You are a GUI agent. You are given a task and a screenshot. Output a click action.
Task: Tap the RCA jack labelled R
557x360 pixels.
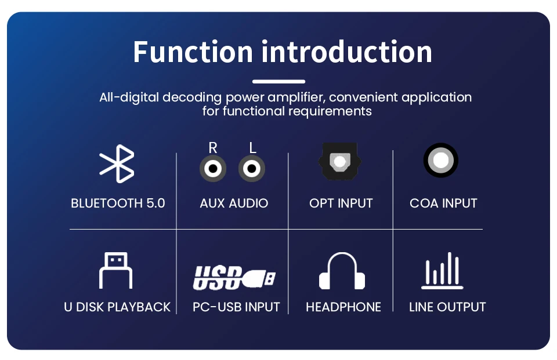click(213, 169)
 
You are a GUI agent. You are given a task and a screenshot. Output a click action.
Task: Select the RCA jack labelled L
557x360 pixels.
click(252, 169)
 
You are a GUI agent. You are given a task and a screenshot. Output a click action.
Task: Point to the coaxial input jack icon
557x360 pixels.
click(441, 160)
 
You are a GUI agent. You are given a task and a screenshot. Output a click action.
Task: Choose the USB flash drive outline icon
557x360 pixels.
click(116, 270)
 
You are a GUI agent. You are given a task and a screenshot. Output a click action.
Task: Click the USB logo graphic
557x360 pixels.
click(234, 277)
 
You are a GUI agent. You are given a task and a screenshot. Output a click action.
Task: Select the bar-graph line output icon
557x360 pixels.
click(442, 271)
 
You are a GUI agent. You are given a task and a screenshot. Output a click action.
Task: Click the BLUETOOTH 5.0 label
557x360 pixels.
click(118, 203)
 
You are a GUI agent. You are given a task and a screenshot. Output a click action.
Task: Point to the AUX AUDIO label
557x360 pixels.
click(234, 203)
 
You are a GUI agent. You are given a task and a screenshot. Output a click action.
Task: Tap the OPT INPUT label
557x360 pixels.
click(341, 203)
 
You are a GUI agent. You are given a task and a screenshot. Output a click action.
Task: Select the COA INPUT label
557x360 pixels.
click(443, 203)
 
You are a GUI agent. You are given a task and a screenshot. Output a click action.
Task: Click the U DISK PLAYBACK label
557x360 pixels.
click(117, 307)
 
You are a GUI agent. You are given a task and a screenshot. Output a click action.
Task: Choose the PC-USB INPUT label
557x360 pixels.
click(236, 307)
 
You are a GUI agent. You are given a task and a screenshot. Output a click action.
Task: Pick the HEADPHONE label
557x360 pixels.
click(343, 307)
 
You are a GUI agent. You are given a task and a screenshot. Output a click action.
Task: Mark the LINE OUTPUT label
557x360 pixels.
click(447, 307)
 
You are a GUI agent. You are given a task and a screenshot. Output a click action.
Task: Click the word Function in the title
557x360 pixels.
click(193, 52)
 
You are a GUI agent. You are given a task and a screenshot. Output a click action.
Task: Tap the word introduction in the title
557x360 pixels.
click(347, 52)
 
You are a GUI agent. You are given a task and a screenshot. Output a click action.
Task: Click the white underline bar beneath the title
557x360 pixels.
click(278, 81)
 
